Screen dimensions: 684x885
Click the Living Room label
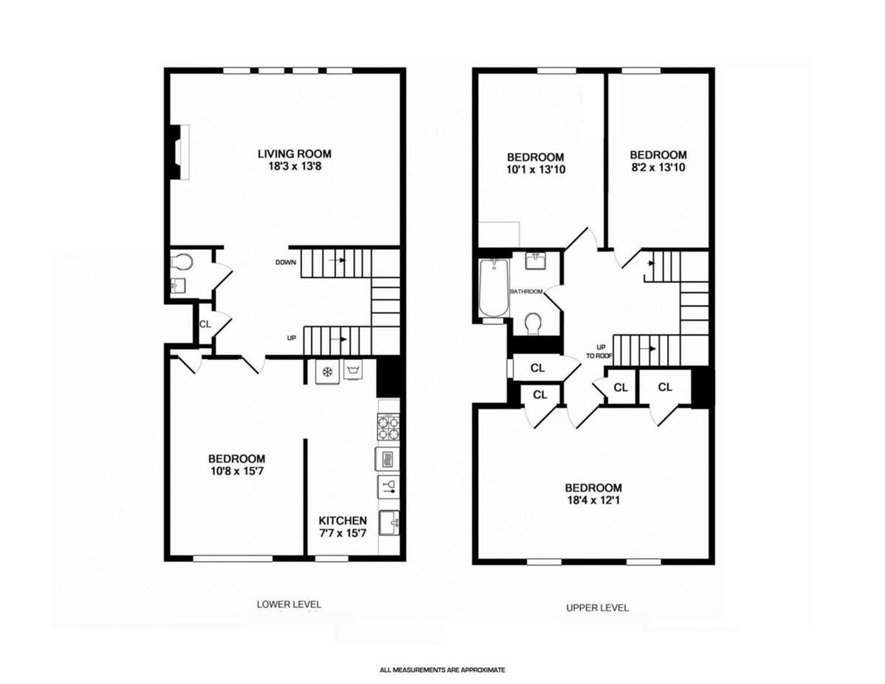tap(294, 154)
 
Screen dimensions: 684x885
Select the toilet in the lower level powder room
tap(182, 262)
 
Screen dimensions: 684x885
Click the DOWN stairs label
tap(285, 262)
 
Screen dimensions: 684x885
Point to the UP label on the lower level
tap(291, 338)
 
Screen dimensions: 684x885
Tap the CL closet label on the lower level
tap(205, 324)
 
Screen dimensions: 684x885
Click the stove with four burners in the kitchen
tap(388, 428)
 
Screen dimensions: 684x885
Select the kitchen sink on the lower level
tap(389, 523)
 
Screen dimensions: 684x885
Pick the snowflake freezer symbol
tap(327, 371)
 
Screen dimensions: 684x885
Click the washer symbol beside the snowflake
tap(353, 370)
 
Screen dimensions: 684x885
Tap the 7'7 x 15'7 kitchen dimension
tap(342, 534)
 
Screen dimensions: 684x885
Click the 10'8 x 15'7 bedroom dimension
tap(236, 471)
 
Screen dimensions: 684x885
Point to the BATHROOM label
tap(526, 291)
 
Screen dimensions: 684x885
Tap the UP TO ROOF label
tap(599, 351)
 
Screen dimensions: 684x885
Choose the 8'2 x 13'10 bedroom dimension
tap(658, 167)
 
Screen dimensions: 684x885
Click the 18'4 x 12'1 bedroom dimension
tap(593, 500)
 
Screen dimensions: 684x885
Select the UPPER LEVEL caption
tap(597, 608)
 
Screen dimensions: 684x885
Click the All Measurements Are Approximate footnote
tap(442, 670)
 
